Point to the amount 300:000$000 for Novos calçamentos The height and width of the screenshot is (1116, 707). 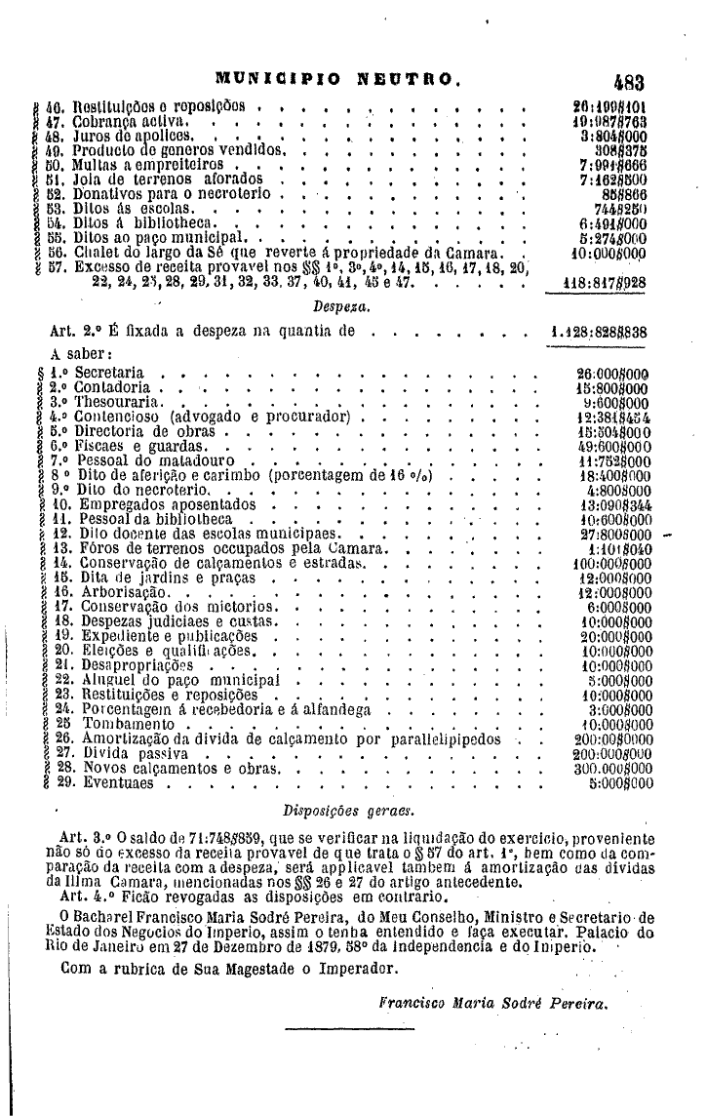(611, 768)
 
